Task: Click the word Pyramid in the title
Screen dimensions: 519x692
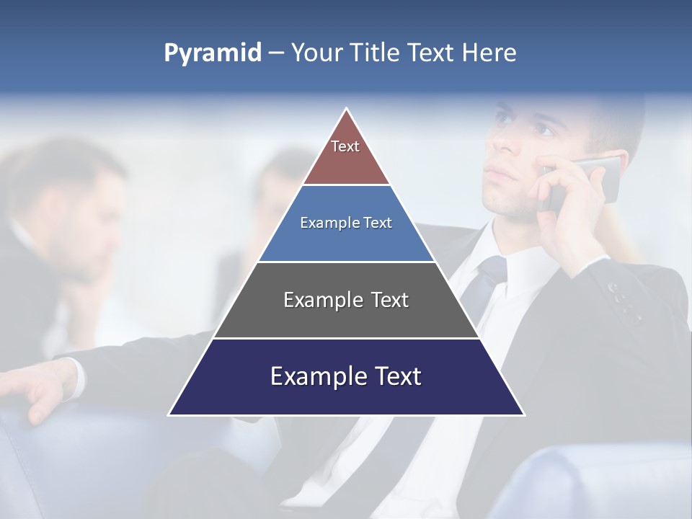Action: pyautogui.click(x=213, y=53)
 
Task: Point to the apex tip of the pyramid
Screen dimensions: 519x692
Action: pyautogui.click(x=347, y=110)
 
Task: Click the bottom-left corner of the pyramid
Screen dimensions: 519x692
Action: pyautogui.click(x=170, y=414)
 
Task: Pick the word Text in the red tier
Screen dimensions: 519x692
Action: pyautogui.click(x=345, y=146)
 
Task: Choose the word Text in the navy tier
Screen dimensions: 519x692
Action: pyautogui.click(x=391, y=376)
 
